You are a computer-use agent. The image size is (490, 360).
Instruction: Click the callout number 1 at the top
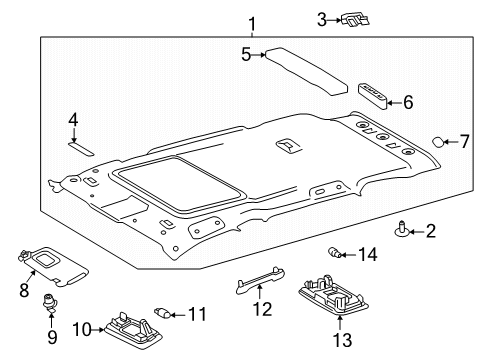[x=253, y=23]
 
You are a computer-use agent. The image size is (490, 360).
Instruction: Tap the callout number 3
[x=321, y=18]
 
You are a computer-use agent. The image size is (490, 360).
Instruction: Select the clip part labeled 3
[x=354, y=19]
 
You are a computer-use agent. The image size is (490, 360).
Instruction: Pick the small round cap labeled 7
[x=439, y=143]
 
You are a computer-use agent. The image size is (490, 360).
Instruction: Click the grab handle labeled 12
[x=267, y=285]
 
